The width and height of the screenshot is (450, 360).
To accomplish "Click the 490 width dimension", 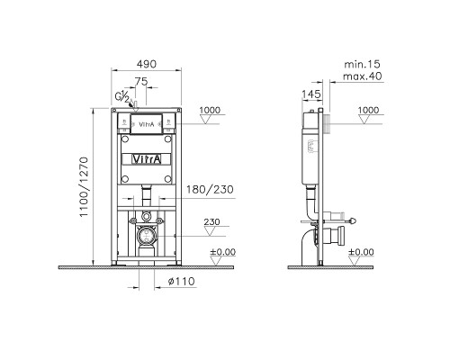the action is tap(147, 64).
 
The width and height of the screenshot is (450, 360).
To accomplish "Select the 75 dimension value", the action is tap(141, 82).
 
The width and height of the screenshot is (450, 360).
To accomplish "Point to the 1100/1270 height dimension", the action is tap(84, 187).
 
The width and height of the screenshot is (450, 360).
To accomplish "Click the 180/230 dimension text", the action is tap(210, 190).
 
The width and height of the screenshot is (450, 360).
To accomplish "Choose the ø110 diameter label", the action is tap(181, 282).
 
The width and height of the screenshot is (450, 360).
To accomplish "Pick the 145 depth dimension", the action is tap(311, 94).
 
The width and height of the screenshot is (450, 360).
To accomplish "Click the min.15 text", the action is tap(362, 64).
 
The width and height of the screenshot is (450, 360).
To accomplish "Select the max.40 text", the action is tap(363, 76).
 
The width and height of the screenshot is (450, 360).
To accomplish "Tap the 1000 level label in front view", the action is tap(210, 110).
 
